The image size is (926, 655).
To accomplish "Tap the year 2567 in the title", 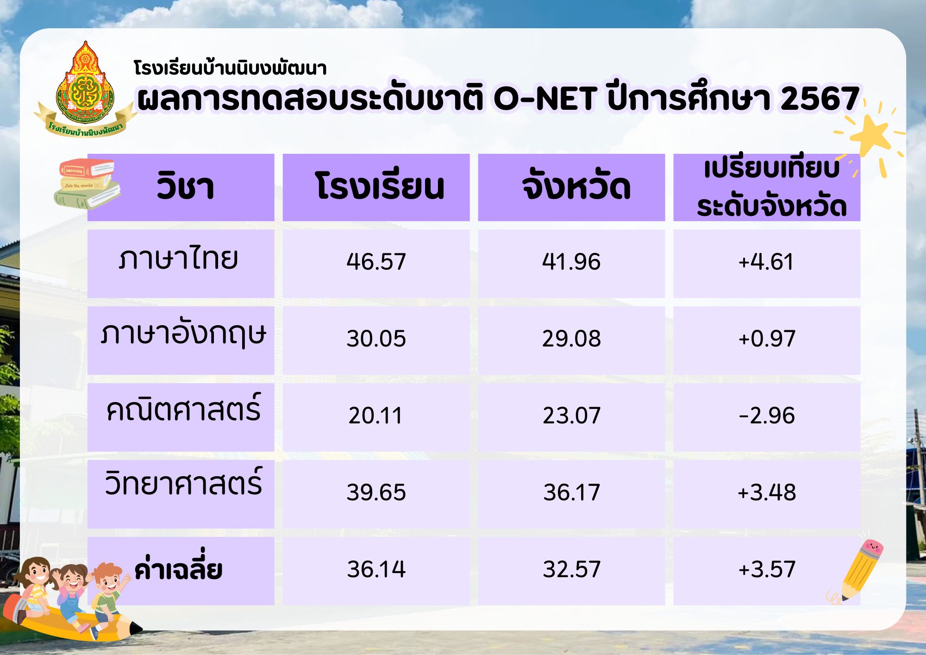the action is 820,99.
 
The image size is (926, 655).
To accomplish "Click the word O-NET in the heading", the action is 545,99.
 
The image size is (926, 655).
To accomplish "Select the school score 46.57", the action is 376,262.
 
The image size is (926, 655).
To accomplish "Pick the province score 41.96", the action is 571,262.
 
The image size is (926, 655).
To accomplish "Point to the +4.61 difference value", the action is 766,262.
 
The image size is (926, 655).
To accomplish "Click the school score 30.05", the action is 376,339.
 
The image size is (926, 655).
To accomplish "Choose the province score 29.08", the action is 571,339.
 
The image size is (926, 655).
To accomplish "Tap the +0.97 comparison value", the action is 767,339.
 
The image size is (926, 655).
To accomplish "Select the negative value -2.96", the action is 767,416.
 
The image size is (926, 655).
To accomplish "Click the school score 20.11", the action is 375,416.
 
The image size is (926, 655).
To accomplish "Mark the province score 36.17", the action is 571,492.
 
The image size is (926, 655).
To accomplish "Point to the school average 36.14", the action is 376,569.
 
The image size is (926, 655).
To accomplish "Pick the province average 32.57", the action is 571,569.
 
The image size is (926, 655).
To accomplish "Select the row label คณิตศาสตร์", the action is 183,408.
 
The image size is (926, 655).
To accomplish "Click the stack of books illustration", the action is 87,184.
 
